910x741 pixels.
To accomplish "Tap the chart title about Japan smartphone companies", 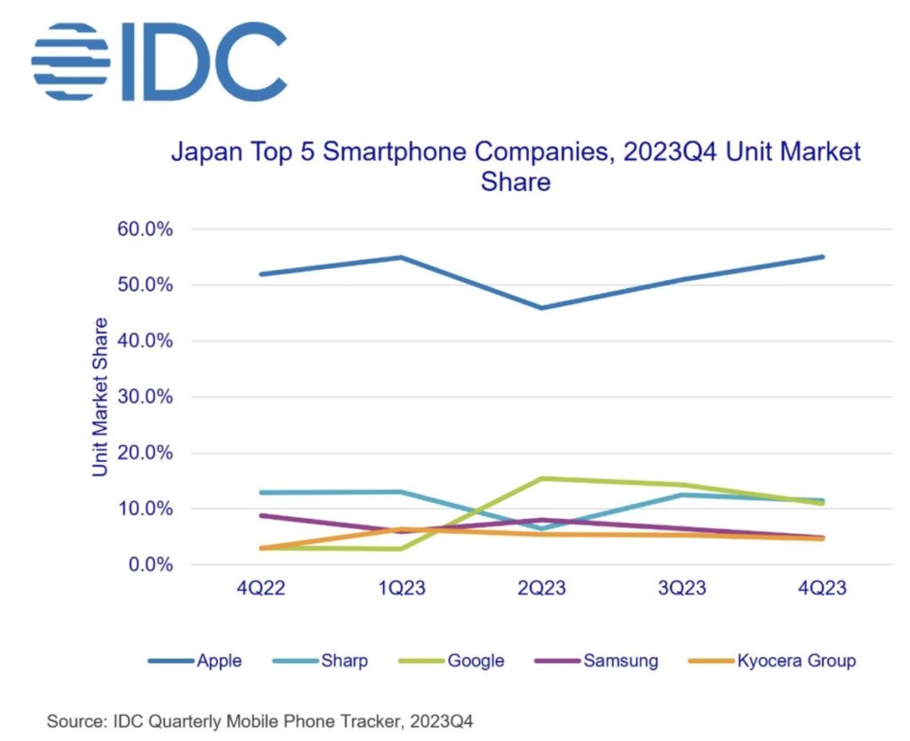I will pos(515,167).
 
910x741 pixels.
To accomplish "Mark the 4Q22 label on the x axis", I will pos(260,590).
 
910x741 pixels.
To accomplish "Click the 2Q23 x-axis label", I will pos(540,590).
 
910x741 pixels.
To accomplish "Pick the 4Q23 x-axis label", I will pos(821,590).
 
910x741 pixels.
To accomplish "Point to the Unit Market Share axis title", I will pos(100,396).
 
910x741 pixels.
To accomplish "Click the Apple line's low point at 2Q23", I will pos(540,308).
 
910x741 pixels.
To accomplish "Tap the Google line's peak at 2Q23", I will pos(540,479).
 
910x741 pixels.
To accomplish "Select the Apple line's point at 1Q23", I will pos(401,258).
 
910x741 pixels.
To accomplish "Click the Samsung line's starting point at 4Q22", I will pos(260,515).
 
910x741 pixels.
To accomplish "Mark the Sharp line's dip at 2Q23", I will pos(540,529).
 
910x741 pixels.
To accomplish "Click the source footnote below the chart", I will pos(261,721).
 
